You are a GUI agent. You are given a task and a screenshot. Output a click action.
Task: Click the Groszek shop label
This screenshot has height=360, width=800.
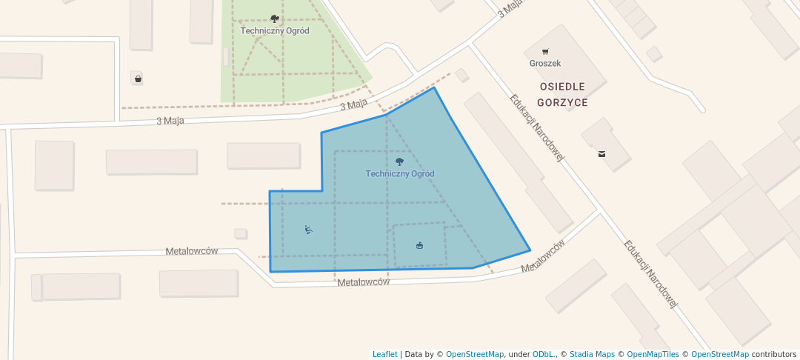545,64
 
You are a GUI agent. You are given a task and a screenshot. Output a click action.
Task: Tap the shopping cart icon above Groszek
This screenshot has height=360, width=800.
545,52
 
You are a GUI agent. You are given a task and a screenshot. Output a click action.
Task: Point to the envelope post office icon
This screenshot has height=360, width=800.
601,154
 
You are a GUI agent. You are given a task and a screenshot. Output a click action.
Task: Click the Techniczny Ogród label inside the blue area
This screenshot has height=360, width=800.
400,173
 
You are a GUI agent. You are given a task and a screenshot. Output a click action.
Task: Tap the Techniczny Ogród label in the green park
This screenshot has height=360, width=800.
275,30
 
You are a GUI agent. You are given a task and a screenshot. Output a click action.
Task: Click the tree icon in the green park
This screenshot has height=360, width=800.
275,19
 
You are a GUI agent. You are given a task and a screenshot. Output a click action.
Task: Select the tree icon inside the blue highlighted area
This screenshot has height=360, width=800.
400,161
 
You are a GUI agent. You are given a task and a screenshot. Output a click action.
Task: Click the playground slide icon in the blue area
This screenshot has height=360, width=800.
308,230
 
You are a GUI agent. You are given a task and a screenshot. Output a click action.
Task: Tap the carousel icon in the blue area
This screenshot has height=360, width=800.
420,245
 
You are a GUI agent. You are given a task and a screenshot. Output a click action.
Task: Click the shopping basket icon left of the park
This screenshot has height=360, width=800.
138,78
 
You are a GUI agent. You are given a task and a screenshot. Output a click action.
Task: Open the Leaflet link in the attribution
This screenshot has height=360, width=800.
384,354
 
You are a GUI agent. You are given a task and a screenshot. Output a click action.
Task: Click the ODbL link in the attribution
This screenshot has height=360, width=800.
543,354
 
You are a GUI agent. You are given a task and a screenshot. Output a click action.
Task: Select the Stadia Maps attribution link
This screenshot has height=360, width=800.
591,354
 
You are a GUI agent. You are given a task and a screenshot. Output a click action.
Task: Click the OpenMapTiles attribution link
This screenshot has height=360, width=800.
648,354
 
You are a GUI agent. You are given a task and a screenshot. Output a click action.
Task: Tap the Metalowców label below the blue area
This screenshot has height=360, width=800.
363,282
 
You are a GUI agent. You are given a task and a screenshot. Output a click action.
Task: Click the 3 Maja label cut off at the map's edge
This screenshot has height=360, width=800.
511,8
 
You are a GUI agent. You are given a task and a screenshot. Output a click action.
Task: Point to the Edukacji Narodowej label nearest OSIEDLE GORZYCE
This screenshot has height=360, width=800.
537,127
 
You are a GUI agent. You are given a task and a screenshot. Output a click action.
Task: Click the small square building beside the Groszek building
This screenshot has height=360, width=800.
653,54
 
